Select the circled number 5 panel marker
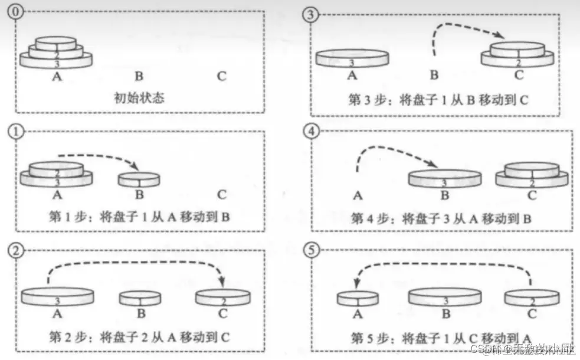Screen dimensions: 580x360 tap(312, 249)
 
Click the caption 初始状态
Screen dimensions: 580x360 tap(139, 97)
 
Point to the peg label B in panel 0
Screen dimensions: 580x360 tap(139, 76)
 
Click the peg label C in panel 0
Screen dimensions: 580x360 tap(221, 76)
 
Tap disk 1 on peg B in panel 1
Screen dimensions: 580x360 tap(139, 179)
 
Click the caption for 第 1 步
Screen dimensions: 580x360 tap(140, 217)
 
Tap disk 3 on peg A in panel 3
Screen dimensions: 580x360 tap(352, 58)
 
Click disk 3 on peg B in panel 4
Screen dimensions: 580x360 tap(445, 178)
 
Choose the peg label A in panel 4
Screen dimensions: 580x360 tap(356, 194)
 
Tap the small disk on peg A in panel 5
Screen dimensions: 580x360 tap(357, 298)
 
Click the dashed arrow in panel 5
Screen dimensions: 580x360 tap(443, 266)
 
